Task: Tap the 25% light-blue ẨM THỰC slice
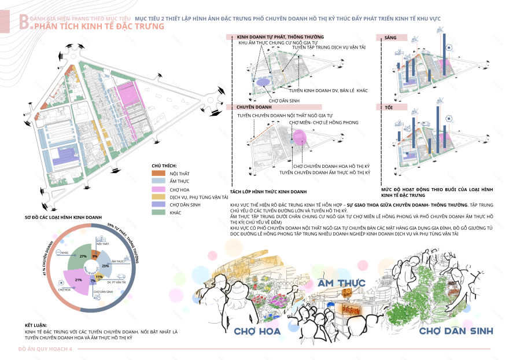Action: pos(106,266)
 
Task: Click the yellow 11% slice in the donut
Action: pos(99,277)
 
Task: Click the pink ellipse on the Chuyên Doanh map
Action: pos(299,137)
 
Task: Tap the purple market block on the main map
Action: pos(68,155)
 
